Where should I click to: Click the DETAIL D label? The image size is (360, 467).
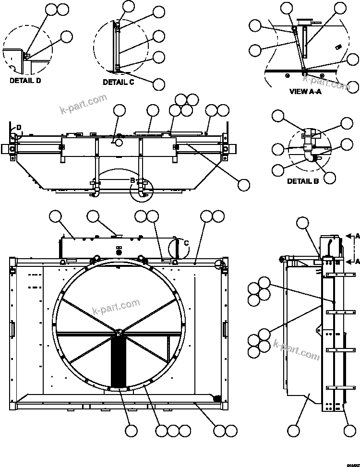pyautogui.click(x=25, y=81)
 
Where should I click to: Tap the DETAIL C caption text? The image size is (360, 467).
pyautogui.click(x=118, y=83)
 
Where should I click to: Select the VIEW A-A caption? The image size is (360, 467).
pyautogui.click(x=306, y=91)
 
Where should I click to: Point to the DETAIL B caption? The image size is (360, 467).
pyautogui.click(x=303, y=181)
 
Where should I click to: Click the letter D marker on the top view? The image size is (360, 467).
pyautogui.click(x=19, y=128)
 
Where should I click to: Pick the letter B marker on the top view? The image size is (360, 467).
pyautogui.click(x=132, y=180)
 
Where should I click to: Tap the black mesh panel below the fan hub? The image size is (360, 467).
pyautogui.click(x=118, y=361)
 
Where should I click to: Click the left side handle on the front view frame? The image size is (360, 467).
pyautogui.click(x=12, y=329)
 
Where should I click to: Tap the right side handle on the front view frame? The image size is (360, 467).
pyautogui.click(x=225, y=330)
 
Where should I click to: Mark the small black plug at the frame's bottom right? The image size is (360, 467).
pyautogui.click(x=216, y=398)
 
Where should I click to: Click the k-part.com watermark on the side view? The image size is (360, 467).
pyautogui.click(x=296, y=349)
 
